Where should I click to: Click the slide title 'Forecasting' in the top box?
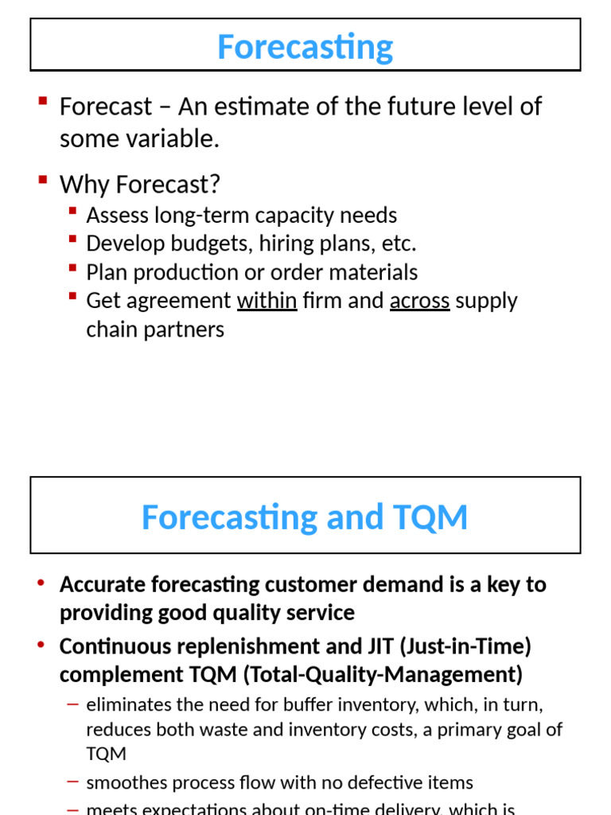tap(305, 46)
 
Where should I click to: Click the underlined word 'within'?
tap(267, 301)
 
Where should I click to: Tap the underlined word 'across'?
tap(419, 301)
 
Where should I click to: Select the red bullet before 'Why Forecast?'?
tap(43, 180)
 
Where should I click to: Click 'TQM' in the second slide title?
tap(428, 517)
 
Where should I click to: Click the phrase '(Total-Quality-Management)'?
tap(382, 675)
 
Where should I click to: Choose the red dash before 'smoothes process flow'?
tap(73, 783)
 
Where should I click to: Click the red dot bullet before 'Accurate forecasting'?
tap(41, 583)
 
